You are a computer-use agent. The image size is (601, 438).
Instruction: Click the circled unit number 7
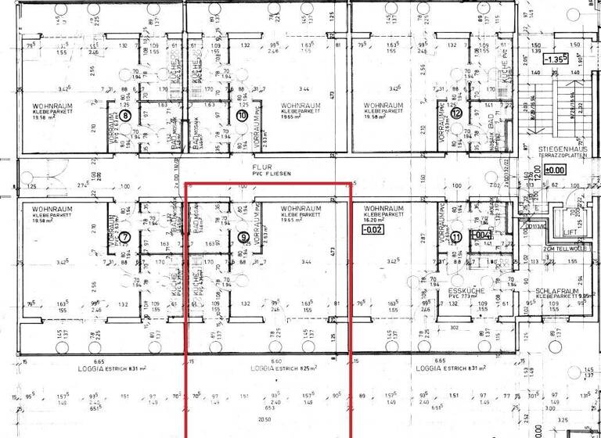coord(124,238)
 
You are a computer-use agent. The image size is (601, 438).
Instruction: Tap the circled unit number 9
coord(243,238)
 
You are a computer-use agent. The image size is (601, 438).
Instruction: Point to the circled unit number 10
coord(242,115)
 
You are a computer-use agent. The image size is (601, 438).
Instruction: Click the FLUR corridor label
coord(261,167)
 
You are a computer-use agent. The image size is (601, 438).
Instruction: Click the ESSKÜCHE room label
coord(466,289)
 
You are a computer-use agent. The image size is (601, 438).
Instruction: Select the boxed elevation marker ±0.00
coord(555,170)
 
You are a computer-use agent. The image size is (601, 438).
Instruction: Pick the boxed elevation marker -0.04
coord(479,234)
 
